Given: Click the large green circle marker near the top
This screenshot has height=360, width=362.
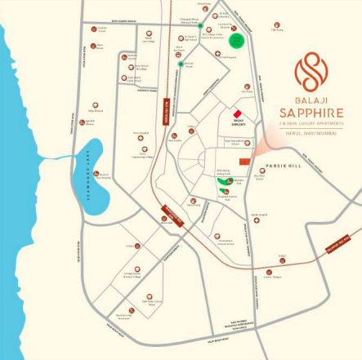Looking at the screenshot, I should [237, 41].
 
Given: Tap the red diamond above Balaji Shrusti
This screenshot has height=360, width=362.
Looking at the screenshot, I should [237, 113].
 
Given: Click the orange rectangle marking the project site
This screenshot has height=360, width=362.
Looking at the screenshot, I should [244, 162].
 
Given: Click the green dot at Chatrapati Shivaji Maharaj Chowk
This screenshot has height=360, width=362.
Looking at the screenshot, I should [200, 25].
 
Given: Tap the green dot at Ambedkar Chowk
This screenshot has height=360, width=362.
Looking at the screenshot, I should [181, 63].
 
